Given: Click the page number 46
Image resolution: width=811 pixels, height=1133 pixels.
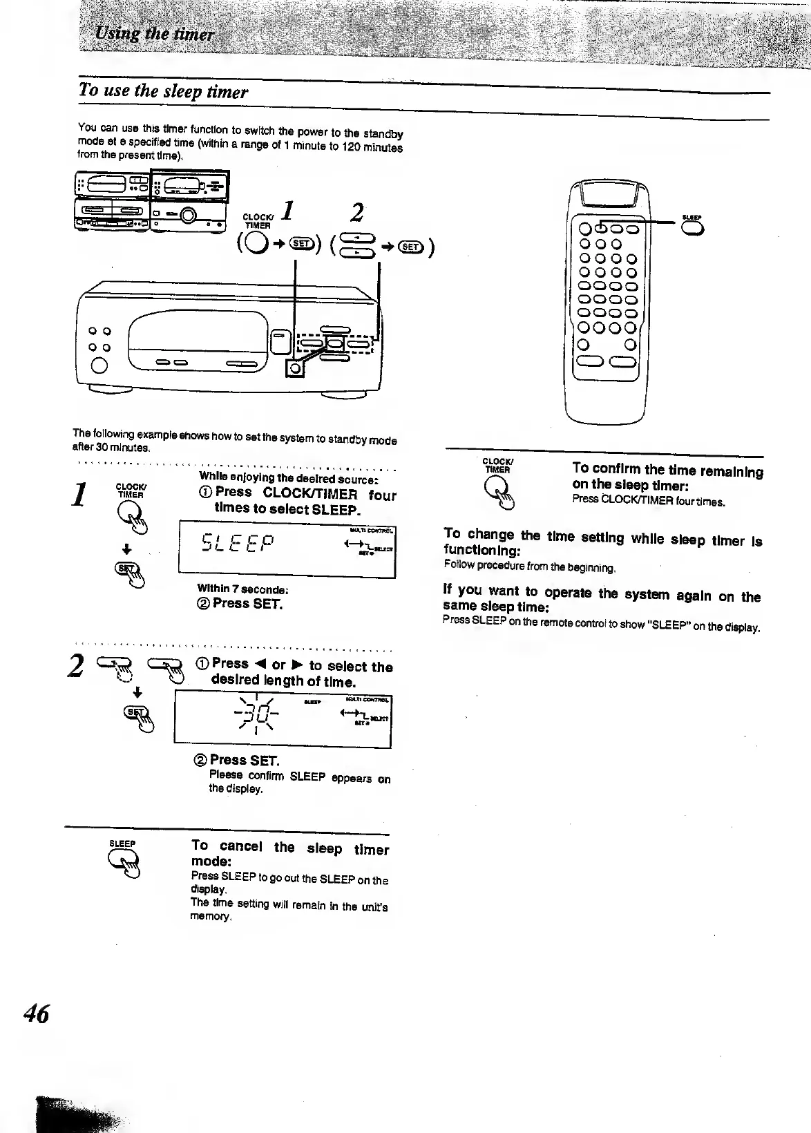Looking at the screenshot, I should [x=37, y=1013].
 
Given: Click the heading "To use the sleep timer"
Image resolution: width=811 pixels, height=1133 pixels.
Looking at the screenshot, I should [x=163, y=91].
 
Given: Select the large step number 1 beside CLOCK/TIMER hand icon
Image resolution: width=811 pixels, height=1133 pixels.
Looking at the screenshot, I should [x=82, y=495].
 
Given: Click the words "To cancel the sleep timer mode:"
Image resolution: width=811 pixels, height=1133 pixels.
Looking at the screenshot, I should [x=289, y=854].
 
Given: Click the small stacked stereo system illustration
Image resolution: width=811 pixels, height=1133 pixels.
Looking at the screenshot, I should [x=151, y=201].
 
